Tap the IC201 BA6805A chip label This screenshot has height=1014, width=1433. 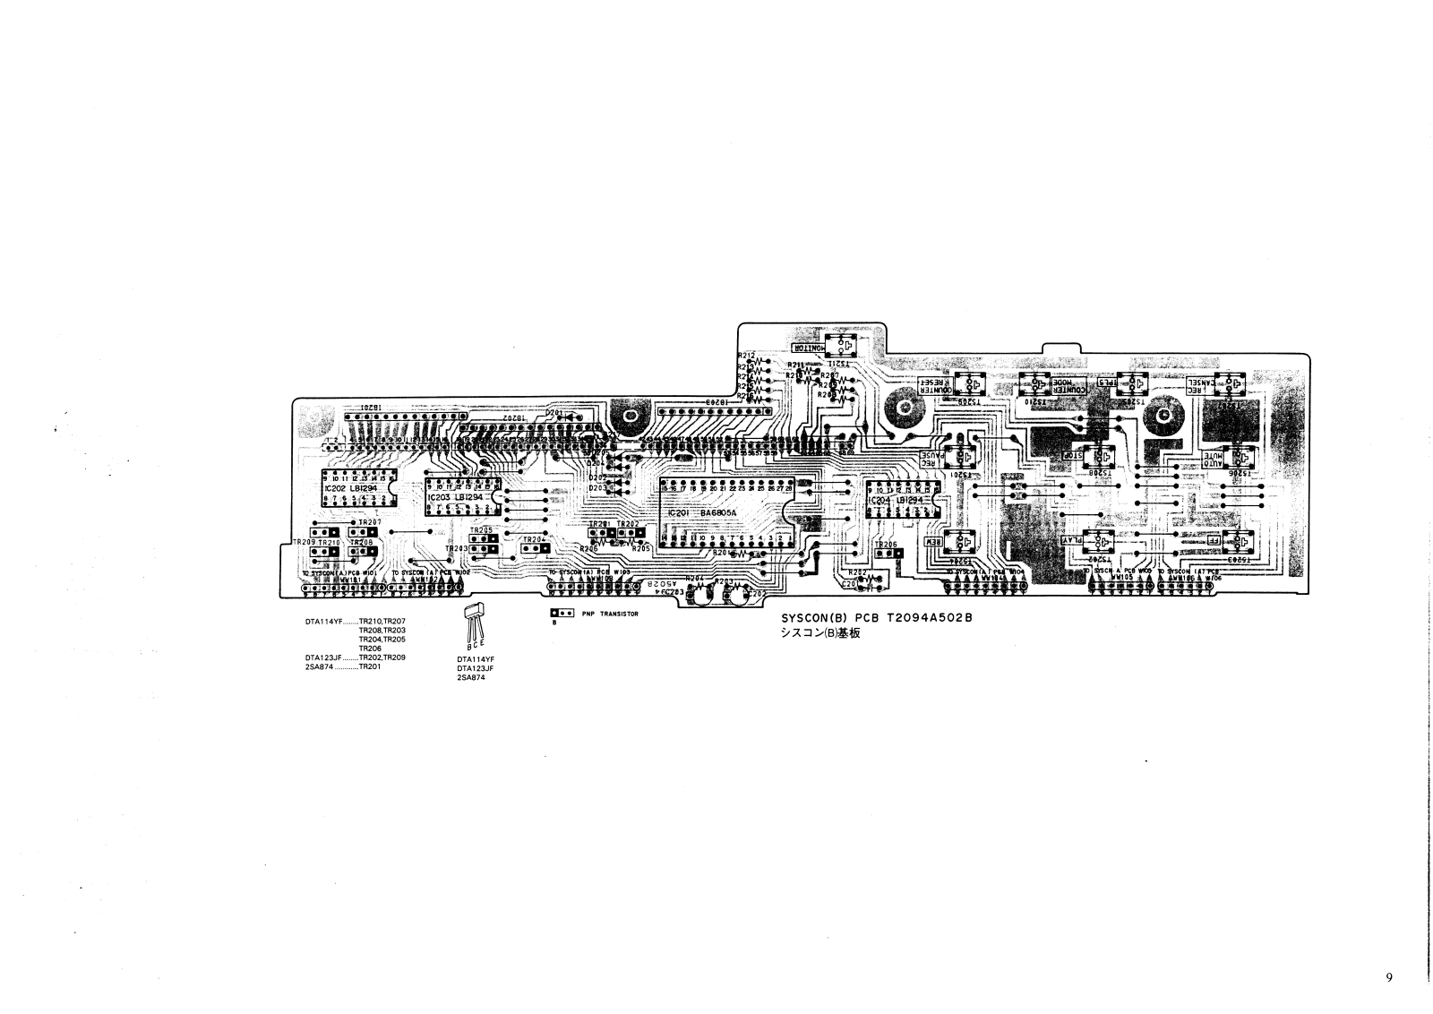click(x=703, y=513)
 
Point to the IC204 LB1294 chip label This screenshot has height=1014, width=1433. click(x=896, y=500)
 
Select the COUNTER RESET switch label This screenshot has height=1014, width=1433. click(x=932, y=386)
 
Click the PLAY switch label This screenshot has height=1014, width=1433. click(x=1072, y=542)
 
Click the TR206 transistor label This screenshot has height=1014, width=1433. click(x=885, y=544)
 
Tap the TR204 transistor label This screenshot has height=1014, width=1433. click(x=534, y=539)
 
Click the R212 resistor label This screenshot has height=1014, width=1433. click(x=746, y=355)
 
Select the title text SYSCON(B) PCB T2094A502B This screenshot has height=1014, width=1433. click(x=876, y=618)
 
